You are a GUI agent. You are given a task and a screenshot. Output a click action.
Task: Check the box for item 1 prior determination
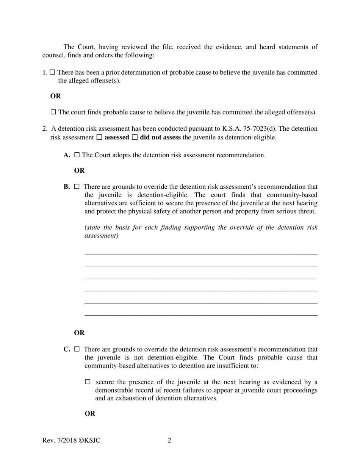(52, 72)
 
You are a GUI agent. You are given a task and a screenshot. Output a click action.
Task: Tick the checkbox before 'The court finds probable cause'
(53, 112)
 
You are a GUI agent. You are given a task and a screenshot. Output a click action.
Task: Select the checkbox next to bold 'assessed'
(99, 138)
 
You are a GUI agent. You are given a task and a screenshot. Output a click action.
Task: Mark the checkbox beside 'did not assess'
(135, 138)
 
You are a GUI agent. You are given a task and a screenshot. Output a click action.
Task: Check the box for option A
(77, 155)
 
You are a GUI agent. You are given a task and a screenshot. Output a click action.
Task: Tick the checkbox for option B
(77, 187)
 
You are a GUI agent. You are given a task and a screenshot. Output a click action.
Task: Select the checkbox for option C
(77, 349)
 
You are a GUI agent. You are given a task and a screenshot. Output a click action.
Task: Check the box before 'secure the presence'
(88, 382)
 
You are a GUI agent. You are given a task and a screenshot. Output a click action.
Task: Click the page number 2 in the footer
(169, 440)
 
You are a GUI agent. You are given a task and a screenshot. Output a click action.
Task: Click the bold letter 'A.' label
(67, 155)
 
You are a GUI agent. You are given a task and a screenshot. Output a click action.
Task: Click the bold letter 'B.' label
(67, 187)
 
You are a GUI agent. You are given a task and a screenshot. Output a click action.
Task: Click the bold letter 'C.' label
(67, 349)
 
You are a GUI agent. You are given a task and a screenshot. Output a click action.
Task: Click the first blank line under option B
(201, 254)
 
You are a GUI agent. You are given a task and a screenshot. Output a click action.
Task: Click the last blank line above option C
(201, 315)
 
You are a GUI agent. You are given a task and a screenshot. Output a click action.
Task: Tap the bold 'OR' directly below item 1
(55, 96)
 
